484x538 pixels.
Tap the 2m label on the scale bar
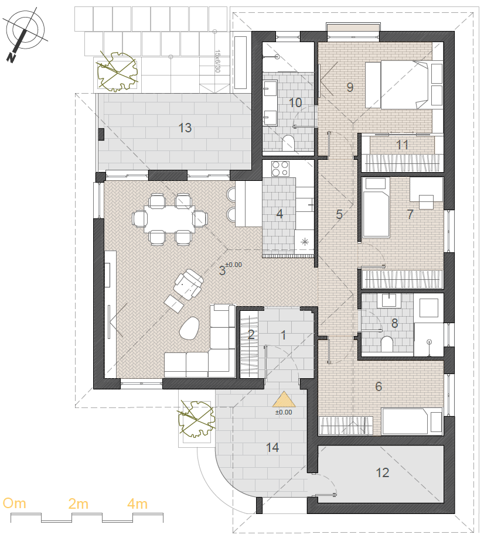pos(79,503)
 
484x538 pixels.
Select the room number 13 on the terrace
pos(185,128)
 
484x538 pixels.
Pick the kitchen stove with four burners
pos(280,169)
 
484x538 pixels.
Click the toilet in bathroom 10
pos(288,143)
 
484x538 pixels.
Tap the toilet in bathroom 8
pos(387,344)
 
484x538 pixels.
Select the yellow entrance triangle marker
pos(284,399)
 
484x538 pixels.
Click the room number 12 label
pos(382,473)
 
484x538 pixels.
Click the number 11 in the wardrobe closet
pos(402,145)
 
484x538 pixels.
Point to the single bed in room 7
pos(376,207)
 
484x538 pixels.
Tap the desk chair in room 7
pos(426,202)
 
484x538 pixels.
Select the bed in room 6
pos(412,422)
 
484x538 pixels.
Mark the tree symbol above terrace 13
pos(117,72)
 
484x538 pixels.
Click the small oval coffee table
pos(189,328)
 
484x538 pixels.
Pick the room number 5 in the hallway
pos(339,214)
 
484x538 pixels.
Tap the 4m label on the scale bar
pos(137,503)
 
